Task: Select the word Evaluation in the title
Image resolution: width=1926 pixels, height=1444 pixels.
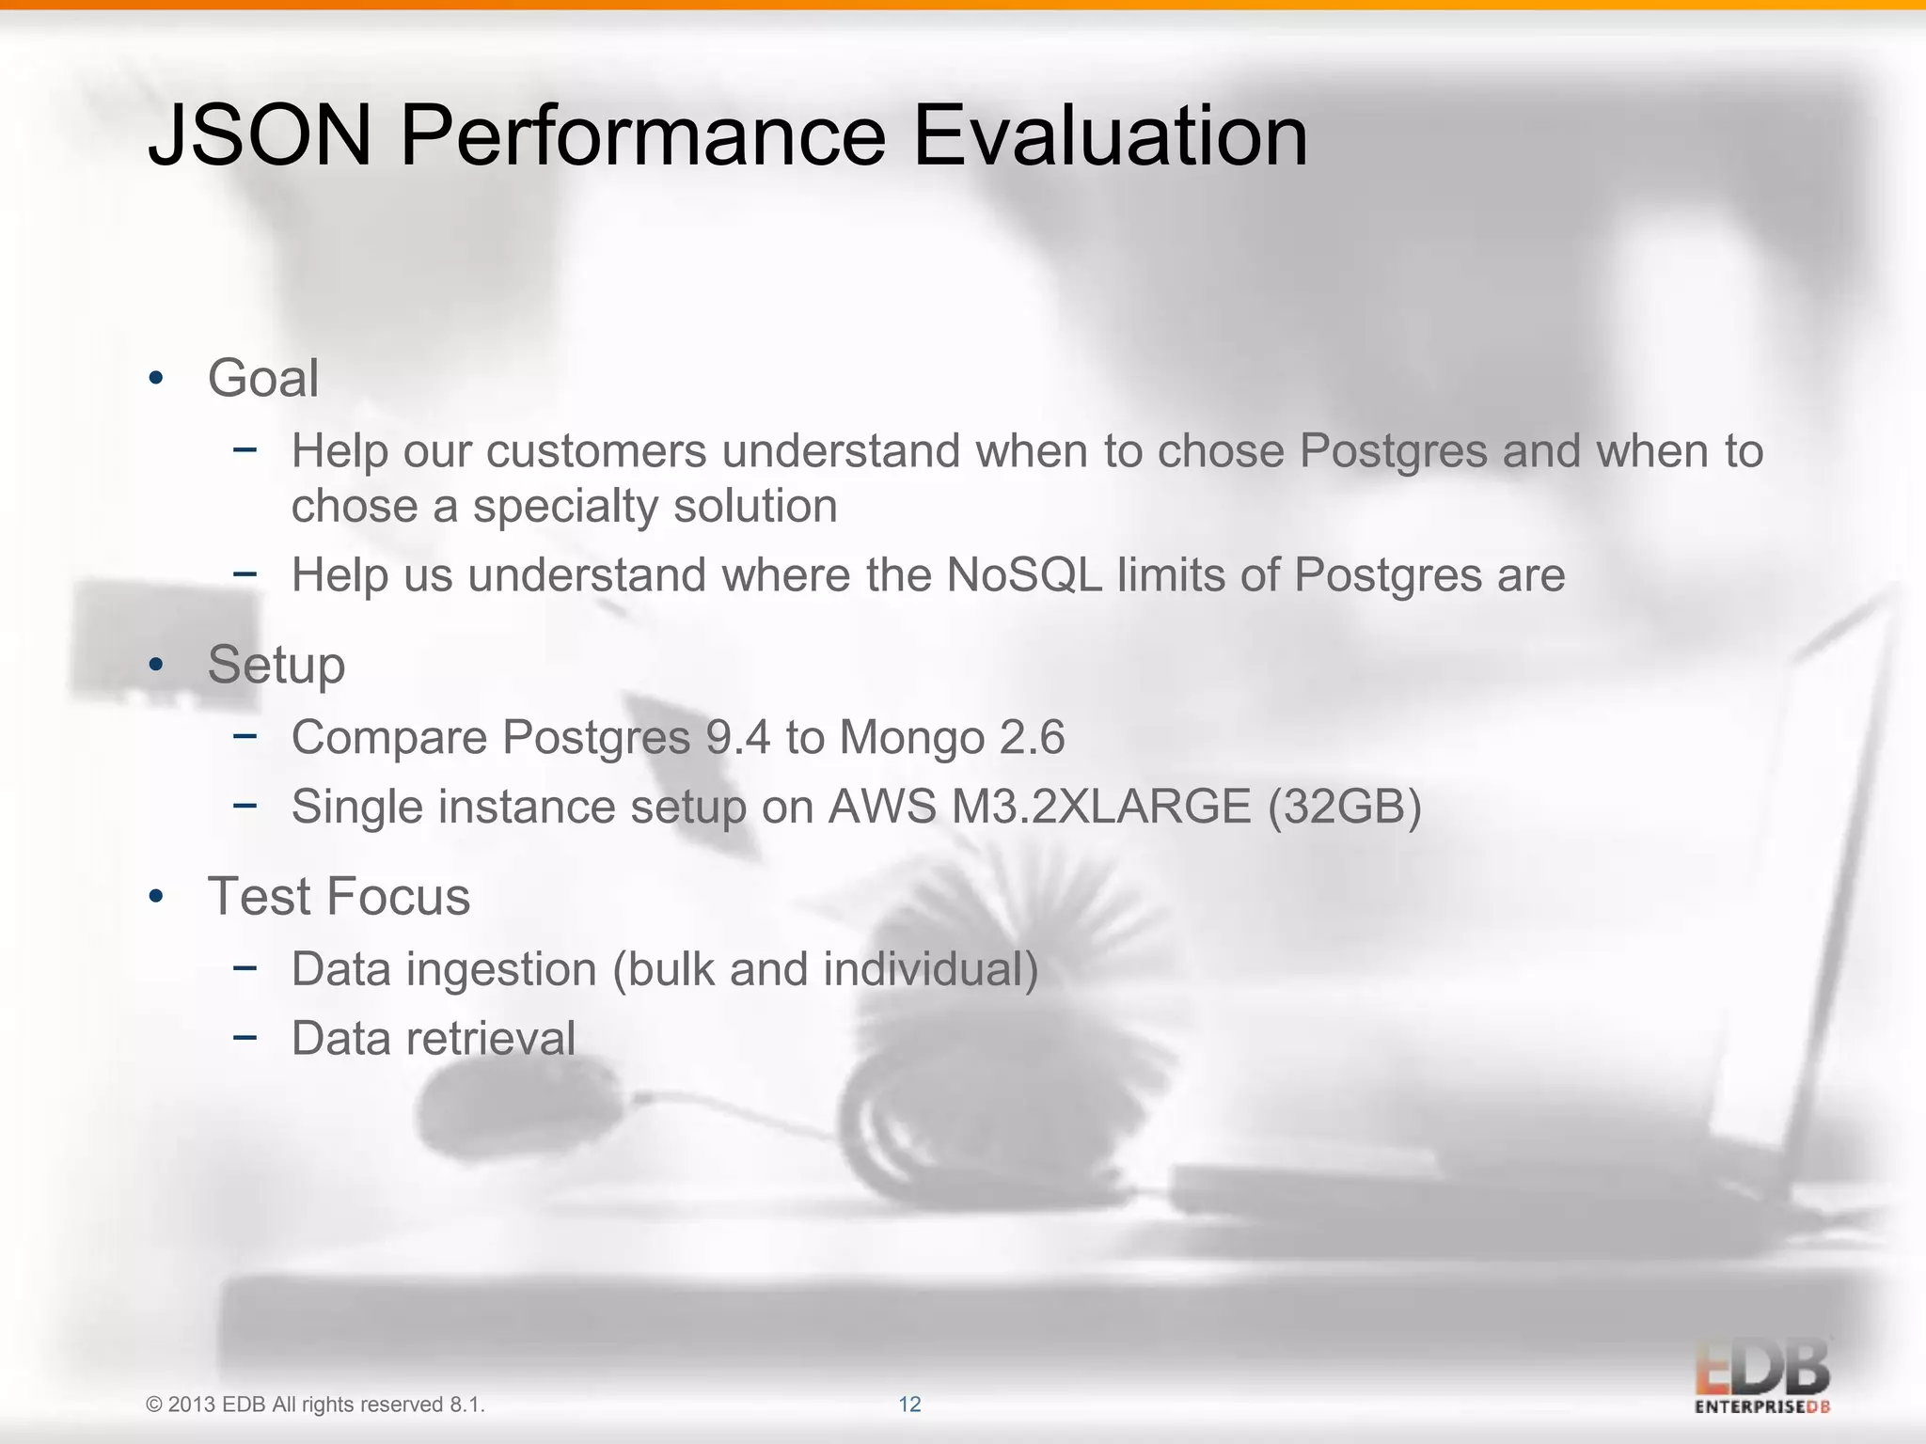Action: coord(1110,136)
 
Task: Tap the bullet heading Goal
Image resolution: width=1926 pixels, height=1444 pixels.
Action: coord(263,378)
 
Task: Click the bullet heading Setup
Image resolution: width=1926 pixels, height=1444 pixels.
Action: coord(276,666)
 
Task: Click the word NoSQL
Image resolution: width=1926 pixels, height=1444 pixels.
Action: coord(1024,574)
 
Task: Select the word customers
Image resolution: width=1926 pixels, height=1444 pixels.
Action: coord(596,450)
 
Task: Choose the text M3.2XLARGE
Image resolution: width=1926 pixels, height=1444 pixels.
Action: coord(1101,807)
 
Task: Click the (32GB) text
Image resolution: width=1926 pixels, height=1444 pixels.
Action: coord(1344,807)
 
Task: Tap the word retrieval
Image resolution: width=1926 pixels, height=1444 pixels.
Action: coord(491,1039)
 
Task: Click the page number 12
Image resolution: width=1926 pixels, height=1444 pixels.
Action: coord(909,1405)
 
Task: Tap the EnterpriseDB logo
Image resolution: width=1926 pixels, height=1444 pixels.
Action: coord(1762,1378)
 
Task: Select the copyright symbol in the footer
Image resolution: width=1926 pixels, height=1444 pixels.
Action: coord(154,1405)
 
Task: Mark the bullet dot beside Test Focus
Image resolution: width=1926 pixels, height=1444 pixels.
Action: coord(156,897)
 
